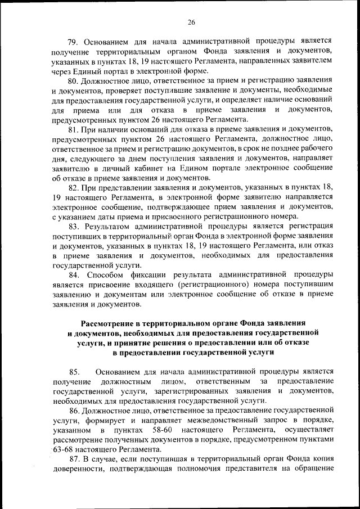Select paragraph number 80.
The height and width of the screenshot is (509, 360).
point(73,81)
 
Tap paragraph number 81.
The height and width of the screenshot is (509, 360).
point(73,130)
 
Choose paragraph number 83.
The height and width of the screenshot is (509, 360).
point(73,226)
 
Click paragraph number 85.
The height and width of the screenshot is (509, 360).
point(74,372)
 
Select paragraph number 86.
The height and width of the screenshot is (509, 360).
point(73,411)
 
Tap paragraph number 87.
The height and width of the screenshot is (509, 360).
point(73,460)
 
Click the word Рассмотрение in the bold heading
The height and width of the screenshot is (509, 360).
point(112,323)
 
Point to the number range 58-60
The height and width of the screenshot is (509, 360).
point(158,430)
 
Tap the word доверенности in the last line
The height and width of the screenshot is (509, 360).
point(77,469)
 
